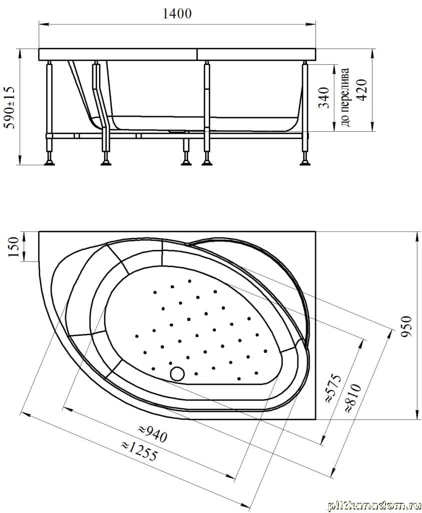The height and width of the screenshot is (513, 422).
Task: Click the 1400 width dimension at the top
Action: [x=177, y=14]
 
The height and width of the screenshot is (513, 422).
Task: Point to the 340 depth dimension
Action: [x=323, y=98]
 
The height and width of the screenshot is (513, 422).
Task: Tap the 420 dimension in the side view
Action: [x=362, y=90]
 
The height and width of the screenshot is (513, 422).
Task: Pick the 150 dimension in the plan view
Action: [x=14, y=247]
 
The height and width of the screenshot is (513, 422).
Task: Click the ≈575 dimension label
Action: [x=334, y=389]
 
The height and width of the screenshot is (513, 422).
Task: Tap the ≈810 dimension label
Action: [x=353, y=398]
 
